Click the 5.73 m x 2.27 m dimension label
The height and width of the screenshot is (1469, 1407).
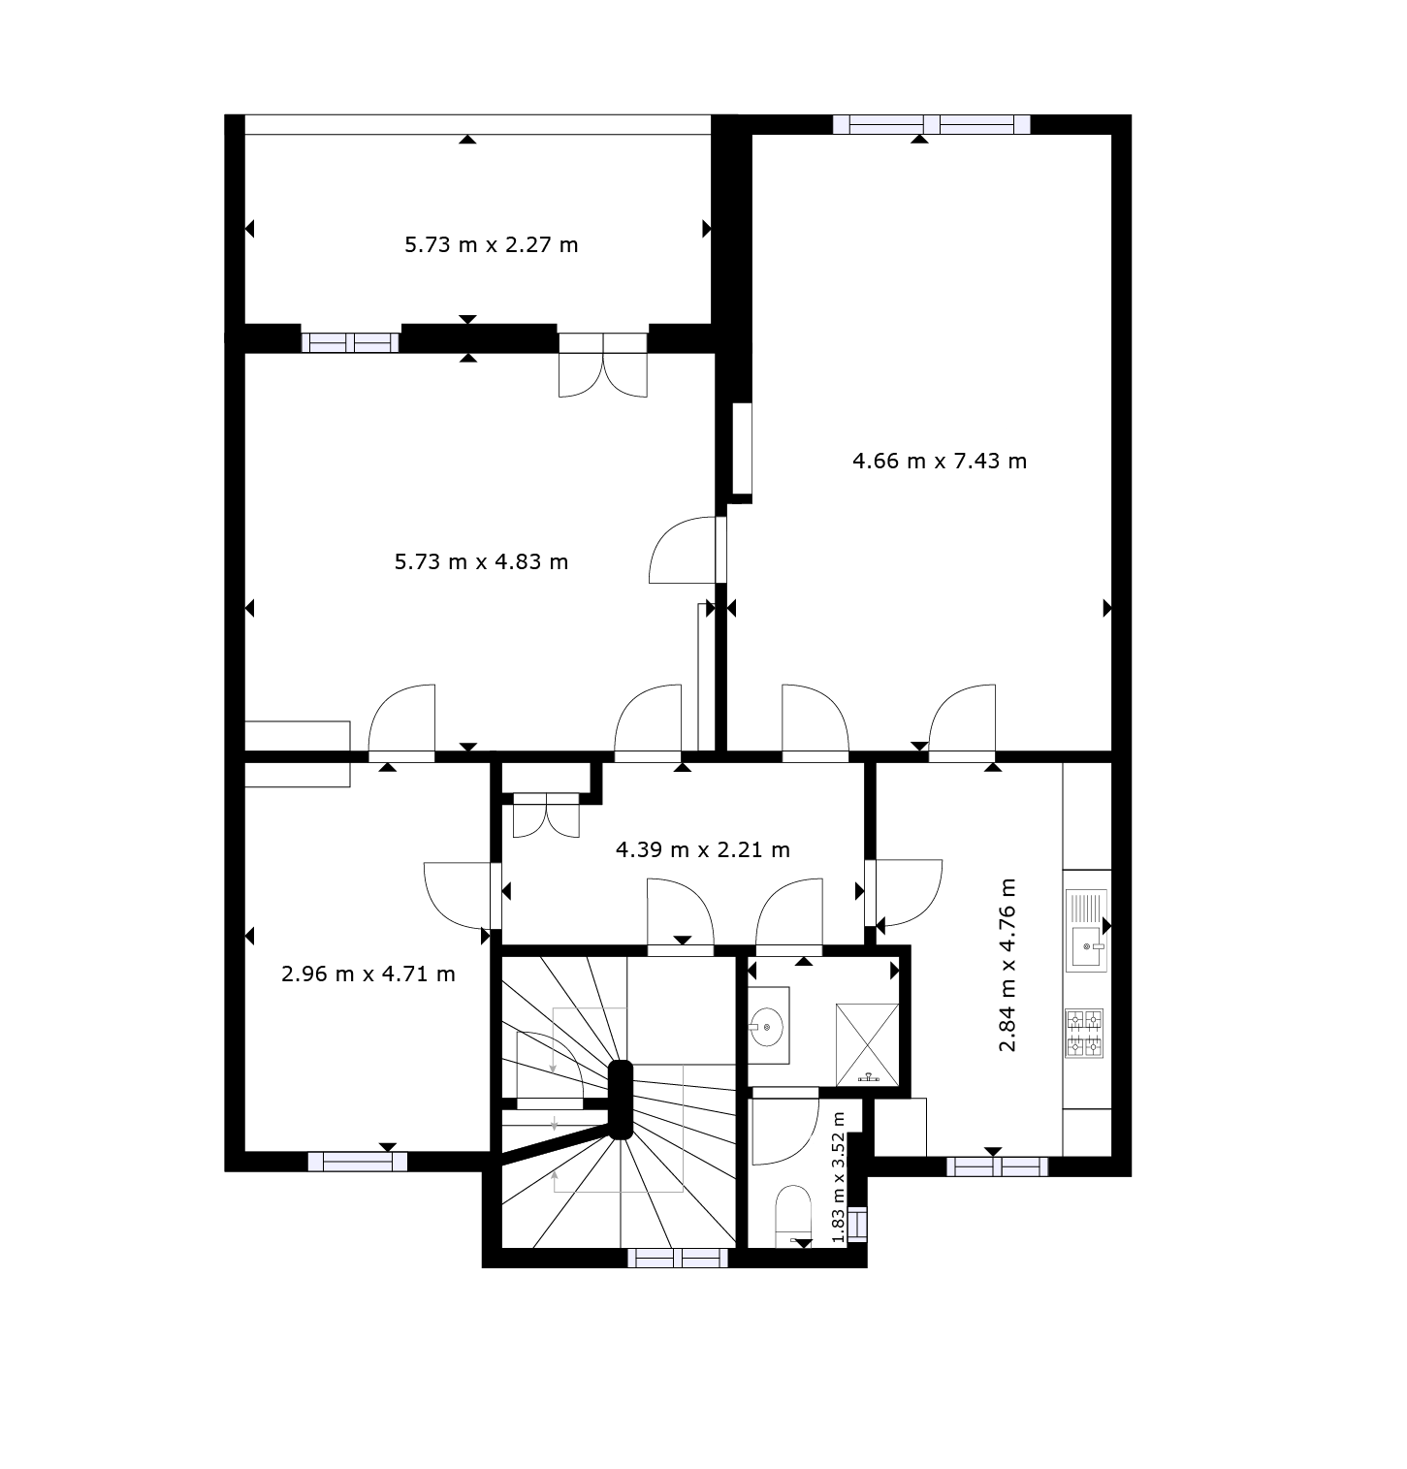point(491,244)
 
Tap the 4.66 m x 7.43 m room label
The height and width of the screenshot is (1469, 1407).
point(939,461)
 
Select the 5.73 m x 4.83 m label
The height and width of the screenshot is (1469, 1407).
point(481,561)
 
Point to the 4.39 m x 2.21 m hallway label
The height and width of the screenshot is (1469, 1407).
point(703,850)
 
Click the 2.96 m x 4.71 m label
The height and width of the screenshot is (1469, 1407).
point(368,974)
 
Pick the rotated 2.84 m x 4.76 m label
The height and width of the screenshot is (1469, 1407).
point(1008,965)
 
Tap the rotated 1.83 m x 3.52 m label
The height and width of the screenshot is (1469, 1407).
point(839,1176)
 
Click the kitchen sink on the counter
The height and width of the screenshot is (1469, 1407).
point(1086,931)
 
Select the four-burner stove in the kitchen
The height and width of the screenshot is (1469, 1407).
point(1085,1033)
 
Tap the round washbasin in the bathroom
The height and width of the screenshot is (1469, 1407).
point(768,1023)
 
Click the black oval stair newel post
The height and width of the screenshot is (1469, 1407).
point(620,1100)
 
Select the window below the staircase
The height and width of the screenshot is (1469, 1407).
point(677,1258)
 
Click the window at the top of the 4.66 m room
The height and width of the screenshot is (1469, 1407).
point(931,124)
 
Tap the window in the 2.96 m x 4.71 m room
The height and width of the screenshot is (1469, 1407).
point(357,1162)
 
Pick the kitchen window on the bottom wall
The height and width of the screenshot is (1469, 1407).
point(997,1166)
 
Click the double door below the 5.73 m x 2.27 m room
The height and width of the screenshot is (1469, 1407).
point(603,364)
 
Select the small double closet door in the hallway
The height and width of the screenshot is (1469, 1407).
point(546,814)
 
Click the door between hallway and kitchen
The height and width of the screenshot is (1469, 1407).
point(903,893)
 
